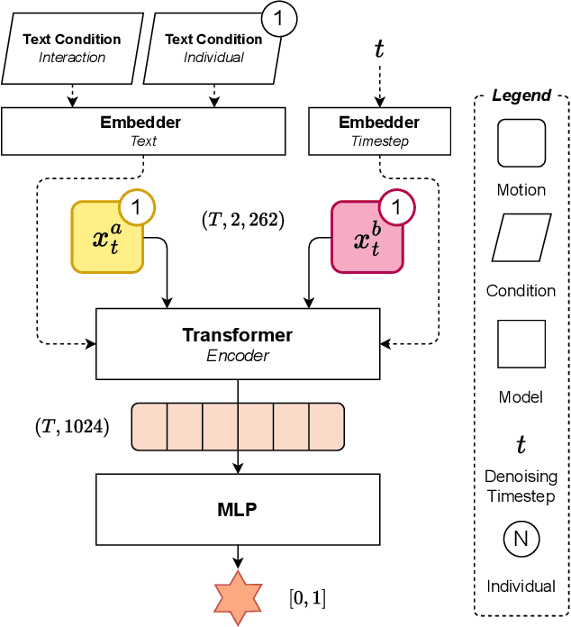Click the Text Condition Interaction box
73,48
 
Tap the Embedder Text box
143,131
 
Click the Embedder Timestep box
378,131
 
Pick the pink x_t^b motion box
366,238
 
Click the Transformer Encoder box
237,342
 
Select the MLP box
237,510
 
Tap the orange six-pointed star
238,597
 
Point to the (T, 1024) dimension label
72,427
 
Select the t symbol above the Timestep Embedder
379,49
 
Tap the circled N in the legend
521,541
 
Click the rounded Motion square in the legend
521,143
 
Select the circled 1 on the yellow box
137,208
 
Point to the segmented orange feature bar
238,427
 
